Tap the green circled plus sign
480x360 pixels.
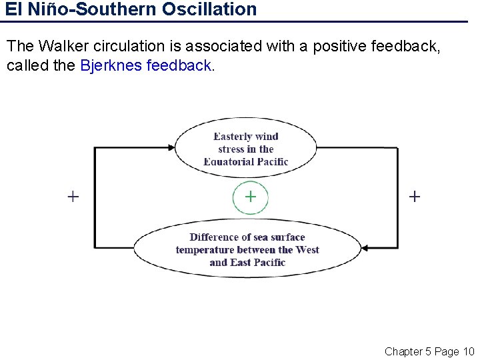coord(250,197)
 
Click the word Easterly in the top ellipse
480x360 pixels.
coord(233,137)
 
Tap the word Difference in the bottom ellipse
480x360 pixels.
coord(215,237)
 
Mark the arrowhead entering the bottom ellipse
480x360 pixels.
coord(366,249)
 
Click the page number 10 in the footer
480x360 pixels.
coord(467,351)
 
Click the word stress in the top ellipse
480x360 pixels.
coord(231,149)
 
